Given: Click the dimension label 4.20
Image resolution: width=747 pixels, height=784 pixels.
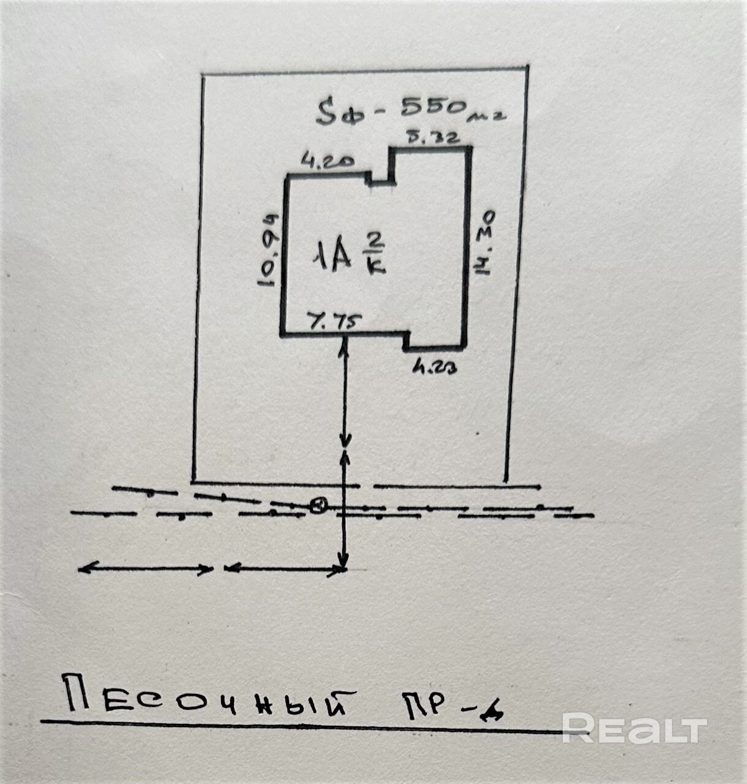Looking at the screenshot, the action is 327,162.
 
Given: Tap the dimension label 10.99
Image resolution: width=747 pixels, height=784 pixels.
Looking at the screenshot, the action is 269,251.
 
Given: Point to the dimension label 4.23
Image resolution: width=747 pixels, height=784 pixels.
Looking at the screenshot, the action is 435,368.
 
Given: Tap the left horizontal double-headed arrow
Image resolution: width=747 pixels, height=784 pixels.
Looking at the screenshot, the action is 145,569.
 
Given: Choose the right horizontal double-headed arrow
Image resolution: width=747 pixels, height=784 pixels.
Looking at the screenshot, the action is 283,569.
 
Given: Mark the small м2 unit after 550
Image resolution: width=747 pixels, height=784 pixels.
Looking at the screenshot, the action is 490,115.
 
